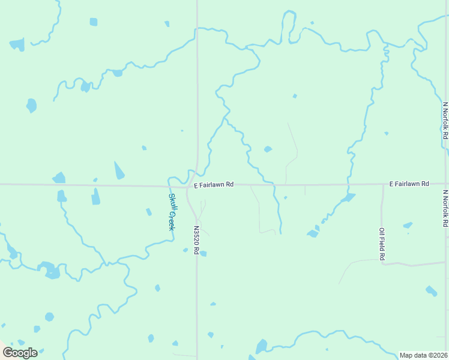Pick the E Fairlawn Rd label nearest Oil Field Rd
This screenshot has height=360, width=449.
(x=409, y=183)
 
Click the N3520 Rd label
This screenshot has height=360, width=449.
(x=196, y=239)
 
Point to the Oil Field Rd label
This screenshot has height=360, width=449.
(x=382, y=244)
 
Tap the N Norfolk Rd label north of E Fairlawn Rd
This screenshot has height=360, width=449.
(x=445, y=121)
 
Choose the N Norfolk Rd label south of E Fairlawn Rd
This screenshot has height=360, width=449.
(x=445, y=208)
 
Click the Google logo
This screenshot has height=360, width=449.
(x=20, y=352)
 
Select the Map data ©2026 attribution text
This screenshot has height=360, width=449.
(x=423, y=355)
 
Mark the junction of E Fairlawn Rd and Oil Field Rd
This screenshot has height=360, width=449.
(x=382, y=184)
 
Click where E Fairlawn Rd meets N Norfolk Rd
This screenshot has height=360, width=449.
(x=447, y=184)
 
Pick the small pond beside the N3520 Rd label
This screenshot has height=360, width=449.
(x=203, y=254)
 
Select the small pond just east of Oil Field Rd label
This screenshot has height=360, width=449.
(x=408, y=226)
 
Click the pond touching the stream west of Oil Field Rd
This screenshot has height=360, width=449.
(x=348, y=197)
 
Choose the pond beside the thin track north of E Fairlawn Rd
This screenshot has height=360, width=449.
(x=268, y=149)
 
